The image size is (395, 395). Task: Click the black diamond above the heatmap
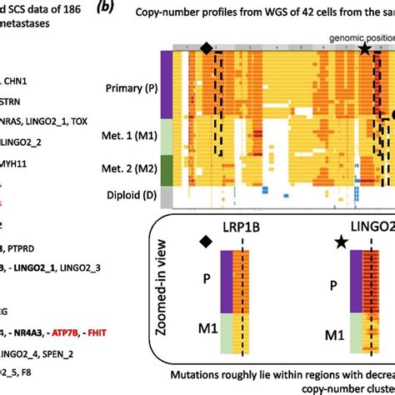206,47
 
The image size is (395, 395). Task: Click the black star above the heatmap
365,48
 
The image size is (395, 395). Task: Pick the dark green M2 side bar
167,170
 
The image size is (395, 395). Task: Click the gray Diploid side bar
167,197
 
